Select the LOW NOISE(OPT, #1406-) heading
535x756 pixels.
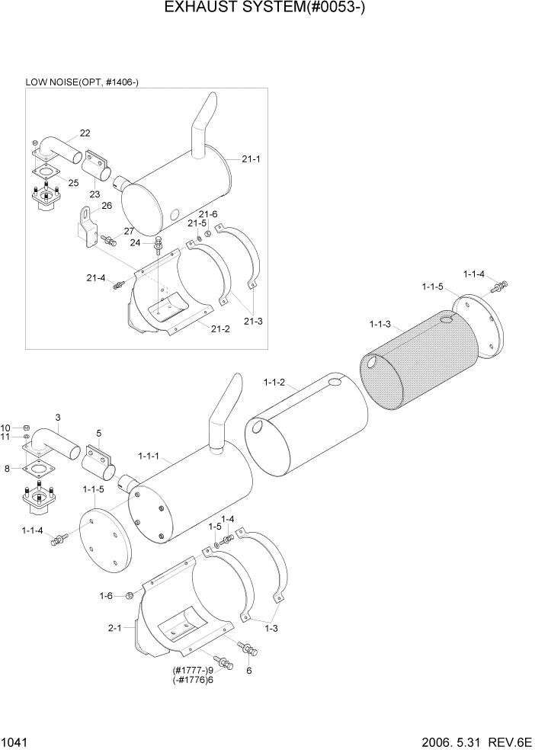(82, 82)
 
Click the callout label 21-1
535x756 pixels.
(251, 159)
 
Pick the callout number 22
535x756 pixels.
(85, 133)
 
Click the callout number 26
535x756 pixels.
(106, 205)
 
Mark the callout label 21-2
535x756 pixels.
(219, 328)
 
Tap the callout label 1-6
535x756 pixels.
(106, 595)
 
